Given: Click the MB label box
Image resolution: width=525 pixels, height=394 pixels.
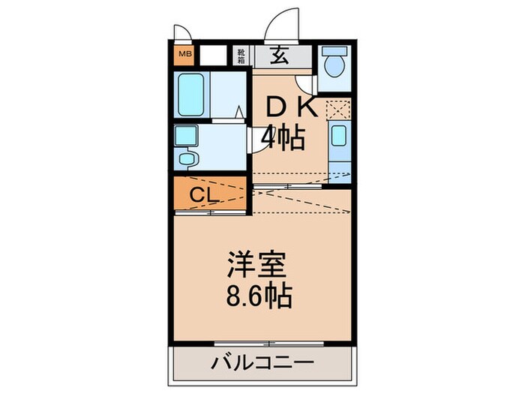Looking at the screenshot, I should tap(184, 54).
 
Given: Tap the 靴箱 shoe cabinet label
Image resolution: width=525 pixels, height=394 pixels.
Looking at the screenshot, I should tap(241, 55).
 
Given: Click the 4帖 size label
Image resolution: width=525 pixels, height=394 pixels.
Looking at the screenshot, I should tap(283, 137).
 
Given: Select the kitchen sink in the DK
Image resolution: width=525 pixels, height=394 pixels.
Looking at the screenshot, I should tap(339, 137).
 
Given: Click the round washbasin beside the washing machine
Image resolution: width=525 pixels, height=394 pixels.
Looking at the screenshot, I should tap(186, 158).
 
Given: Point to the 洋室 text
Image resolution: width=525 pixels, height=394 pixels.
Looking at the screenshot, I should tap(257, 265).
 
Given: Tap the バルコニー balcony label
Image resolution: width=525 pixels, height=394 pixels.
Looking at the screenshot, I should tap(262, 364).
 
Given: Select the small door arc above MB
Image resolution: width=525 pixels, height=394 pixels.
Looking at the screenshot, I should tap(183, 34).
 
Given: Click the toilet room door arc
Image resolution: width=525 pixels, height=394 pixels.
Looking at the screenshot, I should tap(304, 84).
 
